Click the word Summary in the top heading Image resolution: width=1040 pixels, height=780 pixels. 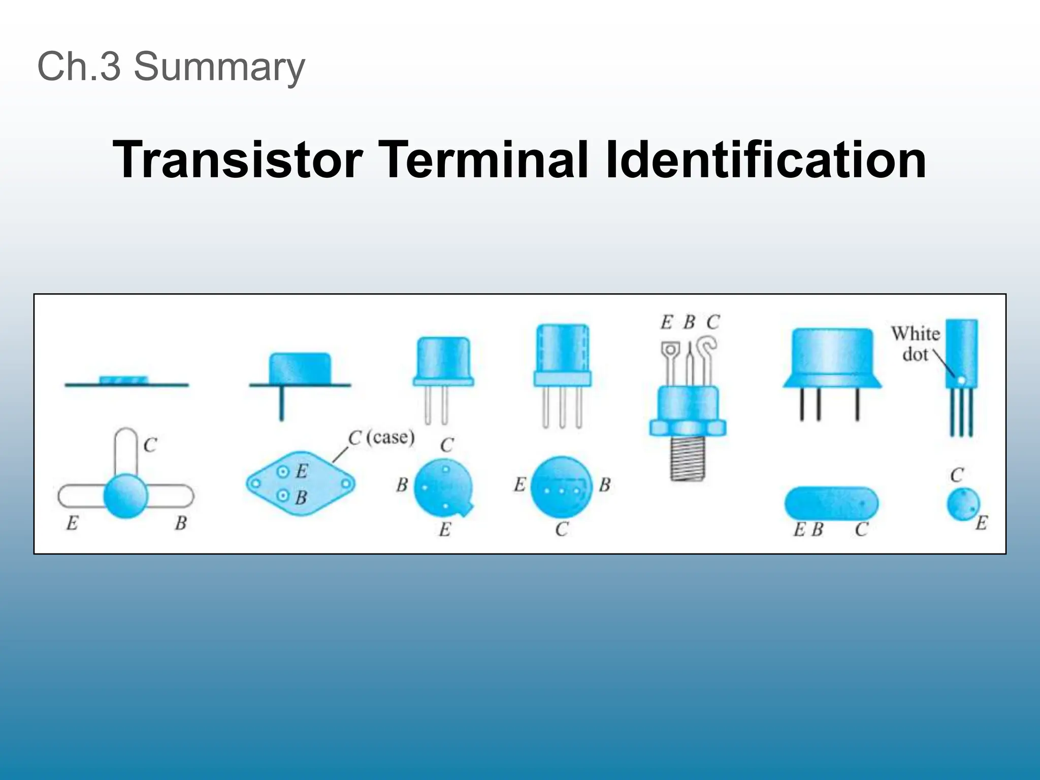click(x=219, y=67)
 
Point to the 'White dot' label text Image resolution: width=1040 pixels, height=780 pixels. click(x=916, y=344)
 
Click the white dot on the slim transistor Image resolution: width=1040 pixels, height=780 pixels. click(x=961, y=380)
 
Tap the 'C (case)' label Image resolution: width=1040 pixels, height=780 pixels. click(x=381, y=437)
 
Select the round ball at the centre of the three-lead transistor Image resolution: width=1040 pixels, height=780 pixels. click(x=125, y=496)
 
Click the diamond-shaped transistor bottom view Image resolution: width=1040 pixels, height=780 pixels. click(x=301, y=484)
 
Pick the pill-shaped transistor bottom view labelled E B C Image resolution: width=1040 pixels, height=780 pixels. click(x=831, y=503)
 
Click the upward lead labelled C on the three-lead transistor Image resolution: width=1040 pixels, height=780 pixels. click(x=125, y=449)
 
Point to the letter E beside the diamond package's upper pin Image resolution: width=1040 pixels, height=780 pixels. click(x=302, y=471)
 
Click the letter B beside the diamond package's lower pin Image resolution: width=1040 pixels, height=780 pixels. click(x=301, y=497)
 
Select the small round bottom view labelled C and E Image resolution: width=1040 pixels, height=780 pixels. click(x=963, y=504)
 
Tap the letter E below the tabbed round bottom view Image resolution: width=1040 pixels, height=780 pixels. click(x=445, y=530)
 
